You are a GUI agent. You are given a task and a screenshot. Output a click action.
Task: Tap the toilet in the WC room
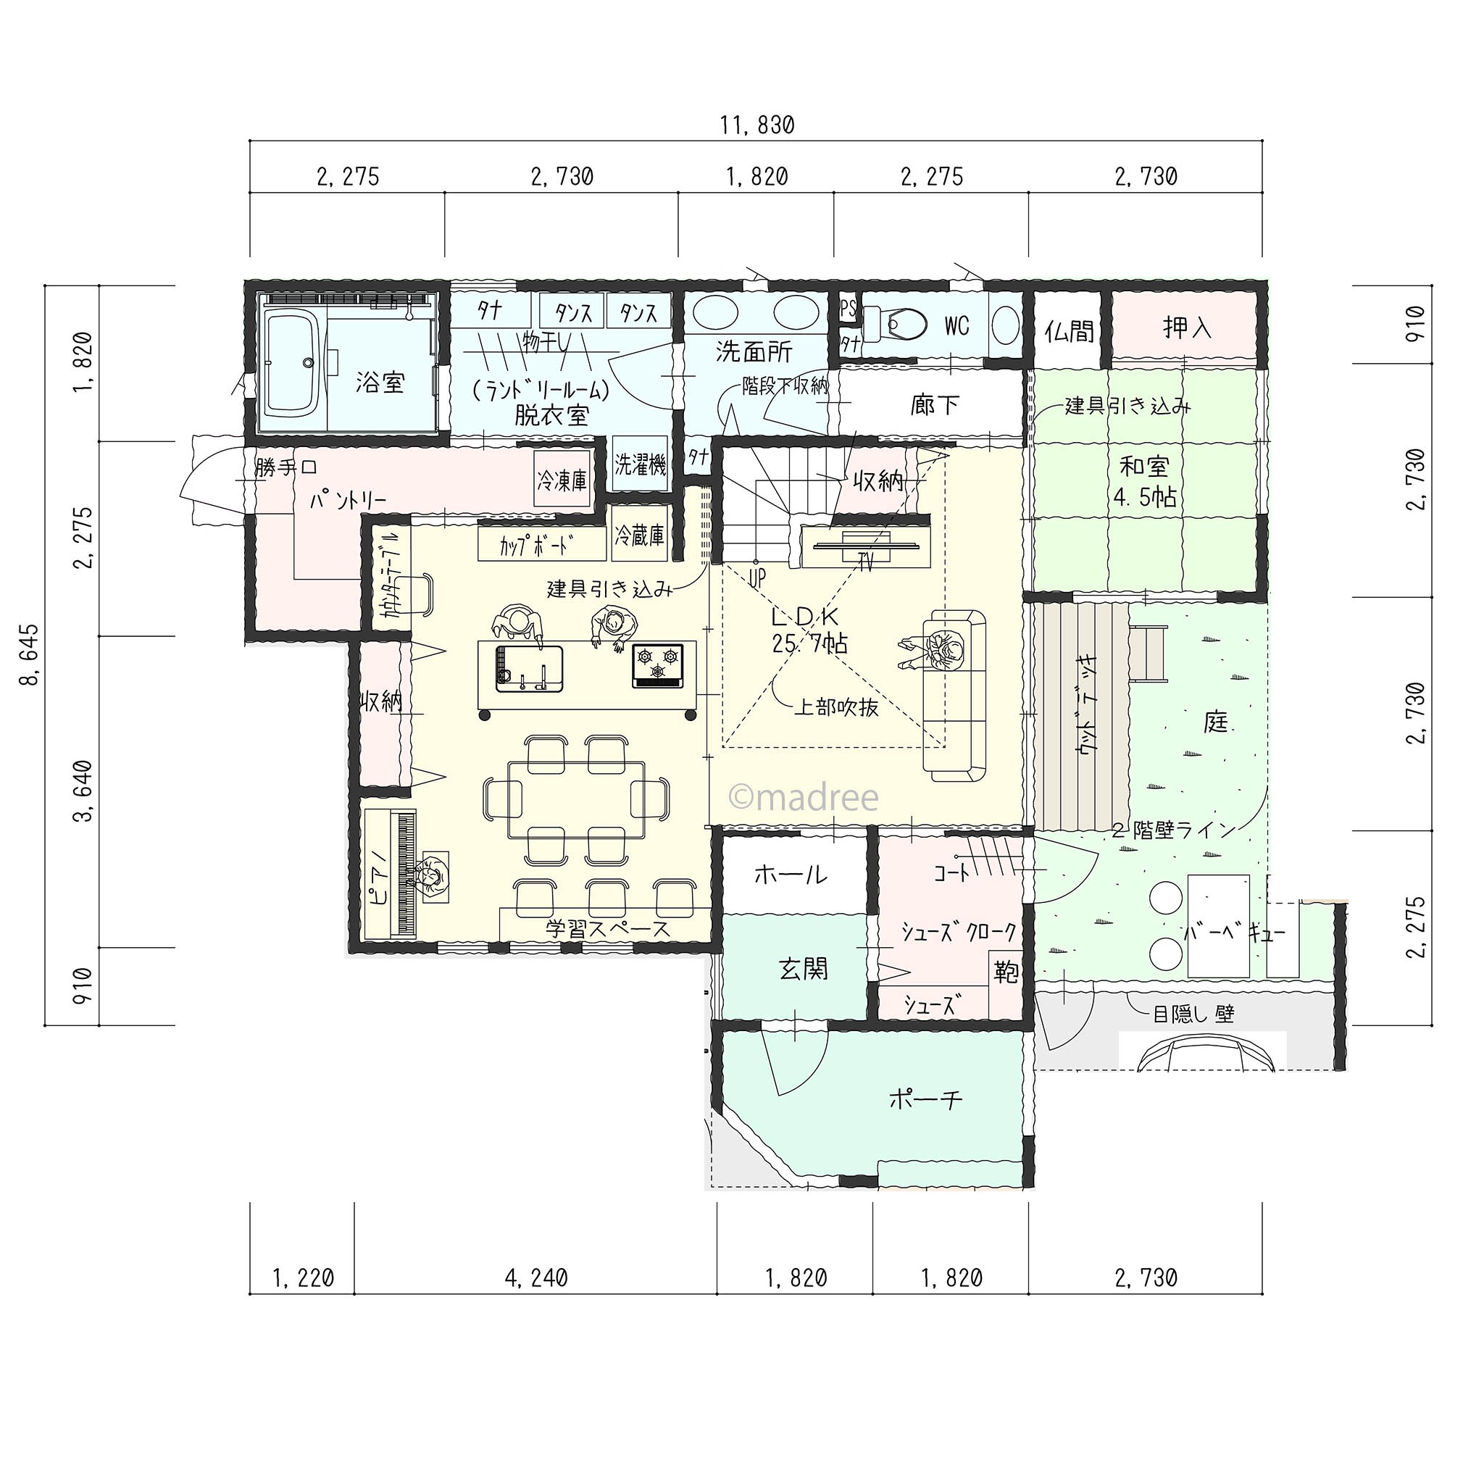click(x=898, y=325)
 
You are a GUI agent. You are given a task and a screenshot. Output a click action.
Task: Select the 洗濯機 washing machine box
click(x=640, y=464)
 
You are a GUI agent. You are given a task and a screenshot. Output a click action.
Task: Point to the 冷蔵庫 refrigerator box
click(x=639, y=535)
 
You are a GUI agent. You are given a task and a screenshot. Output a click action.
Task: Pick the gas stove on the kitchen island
click(x=658, y=666)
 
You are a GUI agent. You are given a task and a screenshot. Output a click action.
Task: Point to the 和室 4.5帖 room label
click(x=1144, y=482)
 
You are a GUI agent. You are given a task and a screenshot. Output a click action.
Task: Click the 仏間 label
click(x=1070, y=330)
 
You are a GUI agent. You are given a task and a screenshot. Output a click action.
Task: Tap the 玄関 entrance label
click(x=804, y=969)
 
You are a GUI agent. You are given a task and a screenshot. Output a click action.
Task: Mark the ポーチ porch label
click(x=925, y=1099)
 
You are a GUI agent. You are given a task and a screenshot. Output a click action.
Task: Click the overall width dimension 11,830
click(x=756, y=125)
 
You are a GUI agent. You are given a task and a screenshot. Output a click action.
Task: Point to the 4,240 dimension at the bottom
click(x=536, y=1278)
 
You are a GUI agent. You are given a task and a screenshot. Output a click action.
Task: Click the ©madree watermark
click(x=804, y=797)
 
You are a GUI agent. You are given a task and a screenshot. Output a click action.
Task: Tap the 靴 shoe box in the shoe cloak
click(x=1006, y=972)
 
